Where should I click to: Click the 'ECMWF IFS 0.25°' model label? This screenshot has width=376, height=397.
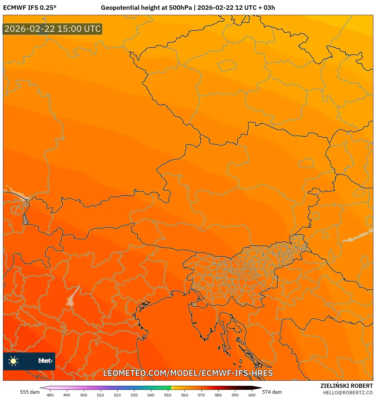[x=30, y=8]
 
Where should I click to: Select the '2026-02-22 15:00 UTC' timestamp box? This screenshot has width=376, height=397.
[x=53, y=29]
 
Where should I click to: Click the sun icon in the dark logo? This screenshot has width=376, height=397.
[x=13, y=361]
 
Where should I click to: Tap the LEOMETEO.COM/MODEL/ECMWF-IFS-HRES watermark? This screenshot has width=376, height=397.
[x=188, y=373]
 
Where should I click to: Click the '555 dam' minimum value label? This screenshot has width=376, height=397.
[x=30, y=392]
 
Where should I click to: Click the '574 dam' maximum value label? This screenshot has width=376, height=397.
[x=272, y=392]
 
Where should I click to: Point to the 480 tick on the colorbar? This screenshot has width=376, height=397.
[x=50, y=395]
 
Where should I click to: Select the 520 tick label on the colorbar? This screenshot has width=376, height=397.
[x=117, y=395]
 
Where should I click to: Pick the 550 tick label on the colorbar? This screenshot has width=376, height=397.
[x=168, y=395]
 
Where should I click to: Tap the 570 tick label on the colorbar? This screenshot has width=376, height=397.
[x=201, y=395]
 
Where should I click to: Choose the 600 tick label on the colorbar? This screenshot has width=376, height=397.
[x=252, y=395]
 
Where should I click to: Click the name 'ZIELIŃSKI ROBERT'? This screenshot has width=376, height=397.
[x=346, y=386]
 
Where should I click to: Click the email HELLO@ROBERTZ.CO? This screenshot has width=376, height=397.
[x=348, y=393]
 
